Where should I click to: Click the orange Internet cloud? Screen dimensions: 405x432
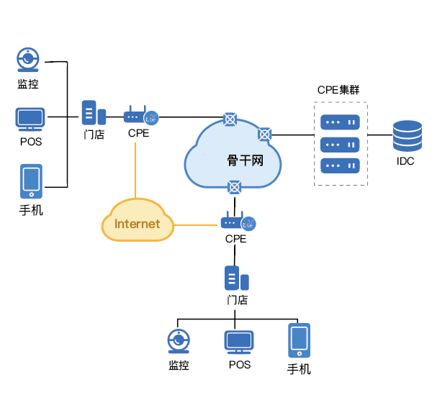(x=138, y=223)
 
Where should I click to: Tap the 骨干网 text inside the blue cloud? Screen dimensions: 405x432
(x=245, y=160)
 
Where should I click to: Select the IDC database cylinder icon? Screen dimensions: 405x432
(x=407, y=136)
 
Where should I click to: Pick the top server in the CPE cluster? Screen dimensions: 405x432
(x=340, y=122)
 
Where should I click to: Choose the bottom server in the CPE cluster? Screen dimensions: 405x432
(x=340, y=165)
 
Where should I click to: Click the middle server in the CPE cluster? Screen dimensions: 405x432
(x=340, y=144)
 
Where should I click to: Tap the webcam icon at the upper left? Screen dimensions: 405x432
(x=28, y=60)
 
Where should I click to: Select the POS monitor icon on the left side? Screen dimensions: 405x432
(x=30, y=119)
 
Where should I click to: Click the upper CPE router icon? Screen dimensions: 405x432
(x=140, y=117)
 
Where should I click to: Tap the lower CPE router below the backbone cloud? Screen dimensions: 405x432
(x=237, y=222)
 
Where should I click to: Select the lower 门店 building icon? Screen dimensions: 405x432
(x=236, y=278)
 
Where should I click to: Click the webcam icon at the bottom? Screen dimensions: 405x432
(x=179, y=342)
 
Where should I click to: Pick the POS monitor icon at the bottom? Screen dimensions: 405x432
(x=239, y=342)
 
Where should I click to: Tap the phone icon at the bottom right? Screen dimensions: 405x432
(x=299, y=340)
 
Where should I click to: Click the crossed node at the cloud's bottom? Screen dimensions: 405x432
(x=234, y=188)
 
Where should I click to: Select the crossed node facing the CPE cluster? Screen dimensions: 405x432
(x=265, y=134)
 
